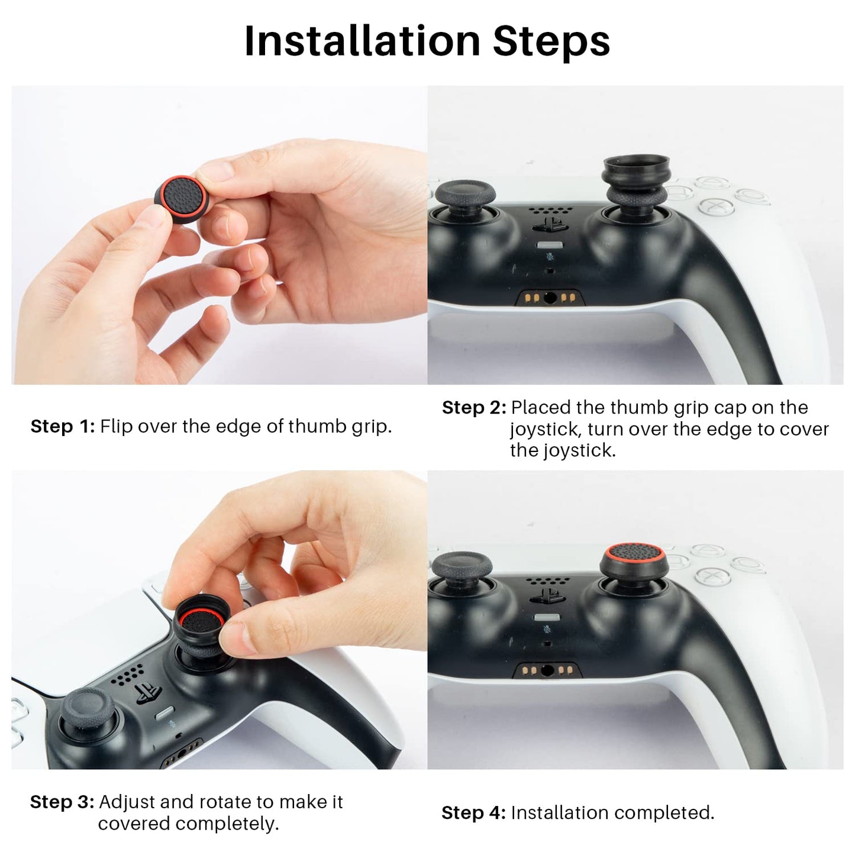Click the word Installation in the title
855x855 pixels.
click(x=362, y=41)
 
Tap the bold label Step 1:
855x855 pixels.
click(x=62, y=426)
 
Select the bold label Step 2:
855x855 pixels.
click(x=474, y=408)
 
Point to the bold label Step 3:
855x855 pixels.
click(x=62, y=802)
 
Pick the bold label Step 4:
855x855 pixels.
click(x=473, y=812)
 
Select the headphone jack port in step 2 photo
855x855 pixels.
click(x=550, y=298)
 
